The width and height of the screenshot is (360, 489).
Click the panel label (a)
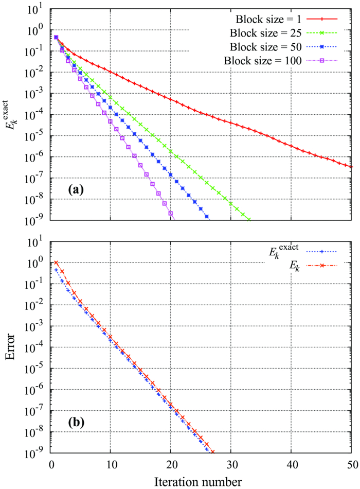click(79, 190)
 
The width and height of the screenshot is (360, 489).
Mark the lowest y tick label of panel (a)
click(34, 221)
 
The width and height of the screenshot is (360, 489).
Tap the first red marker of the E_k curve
click(57, 263)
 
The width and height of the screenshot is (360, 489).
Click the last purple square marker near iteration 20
click(171, 213)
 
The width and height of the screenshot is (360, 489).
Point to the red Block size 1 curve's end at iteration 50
click(352, 167)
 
